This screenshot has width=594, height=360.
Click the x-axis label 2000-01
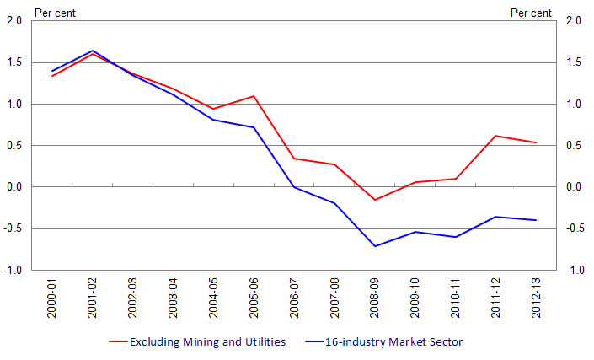[x=52, y=299]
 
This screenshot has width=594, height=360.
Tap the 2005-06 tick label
[x=254, y=299]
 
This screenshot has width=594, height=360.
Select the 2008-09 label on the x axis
[x=375, y=299]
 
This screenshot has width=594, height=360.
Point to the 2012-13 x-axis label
[x=536, y=299]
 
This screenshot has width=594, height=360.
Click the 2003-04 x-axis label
[x=174, y=299]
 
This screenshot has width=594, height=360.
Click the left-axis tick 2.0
[x=14, y=21]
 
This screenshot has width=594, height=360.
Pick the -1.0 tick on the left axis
[x=13, y=270]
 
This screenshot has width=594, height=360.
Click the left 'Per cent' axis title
[x=54, y=12]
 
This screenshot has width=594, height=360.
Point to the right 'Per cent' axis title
[x=531, y=12]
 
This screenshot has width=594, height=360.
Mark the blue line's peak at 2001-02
[x=93, y=51]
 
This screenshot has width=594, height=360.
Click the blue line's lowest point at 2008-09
[x=375, y=246]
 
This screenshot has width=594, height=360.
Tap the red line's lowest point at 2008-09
[x=375, y=200]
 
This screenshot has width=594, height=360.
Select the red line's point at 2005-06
[x=254, y=96]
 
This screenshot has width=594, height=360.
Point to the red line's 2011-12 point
[x=495, y=136]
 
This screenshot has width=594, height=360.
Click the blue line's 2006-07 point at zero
[x=294, y=187]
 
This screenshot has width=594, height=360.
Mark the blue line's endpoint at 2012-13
[x=536, y=220]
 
